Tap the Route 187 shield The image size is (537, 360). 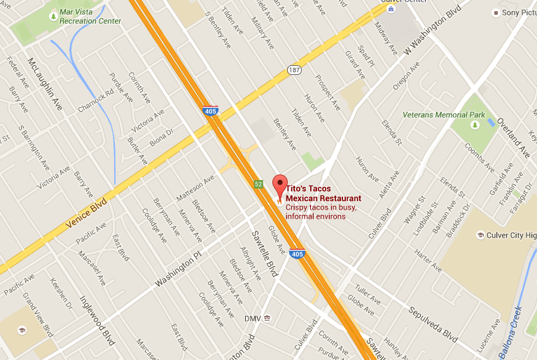pos(293,70)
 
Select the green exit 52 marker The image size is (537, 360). pos(258,184)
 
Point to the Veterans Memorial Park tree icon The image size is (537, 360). pos(475,125)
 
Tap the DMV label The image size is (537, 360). pos(252,318)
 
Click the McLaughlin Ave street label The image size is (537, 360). pos(44,81)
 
